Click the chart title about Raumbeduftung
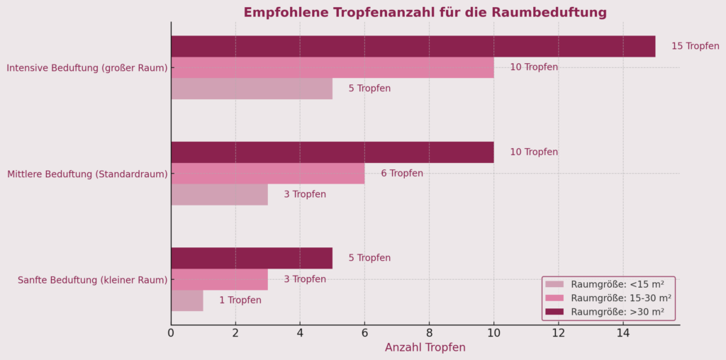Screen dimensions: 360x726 [425, 13]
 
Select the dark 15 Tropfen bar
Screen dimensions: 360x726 [413, 46]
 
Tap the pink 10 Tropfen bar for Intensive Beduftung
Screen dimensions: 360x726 [332, 67]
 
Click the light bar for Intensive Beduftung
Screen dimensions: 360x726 [251, 89]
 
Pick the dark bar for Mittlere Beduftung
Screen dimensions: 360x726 [332, 152]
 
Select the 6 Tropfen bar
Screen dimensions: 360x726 [267, 174]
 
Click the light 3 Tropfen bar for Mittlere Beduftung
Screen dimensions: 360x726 [219, 194]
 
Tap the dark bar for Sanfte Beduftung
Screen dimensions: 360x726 [251, 258]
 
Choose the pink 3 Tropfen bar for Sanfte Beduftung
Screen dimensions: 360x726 [219, 279]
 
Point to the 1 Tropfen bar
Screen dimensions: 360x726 [186, 300]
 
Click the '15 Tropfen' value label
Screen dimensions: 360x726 [695, 46]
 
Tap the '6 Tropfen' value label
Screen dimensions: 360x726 [401, 174]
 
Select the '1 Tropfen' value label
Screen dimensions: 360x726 [240, 300]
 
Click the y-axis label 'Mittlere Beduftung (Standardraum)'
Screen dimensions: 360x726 [87, 174]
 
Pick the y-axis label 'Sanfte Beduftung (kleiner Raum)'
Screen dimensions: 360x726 [92, 280]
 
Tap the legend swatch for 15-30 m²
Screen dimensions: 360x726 [554, 298]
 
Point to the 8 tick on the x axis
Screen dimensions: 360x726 [429, 332]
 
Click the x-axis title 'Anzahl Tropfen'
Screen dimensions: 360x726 [425, 348]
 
